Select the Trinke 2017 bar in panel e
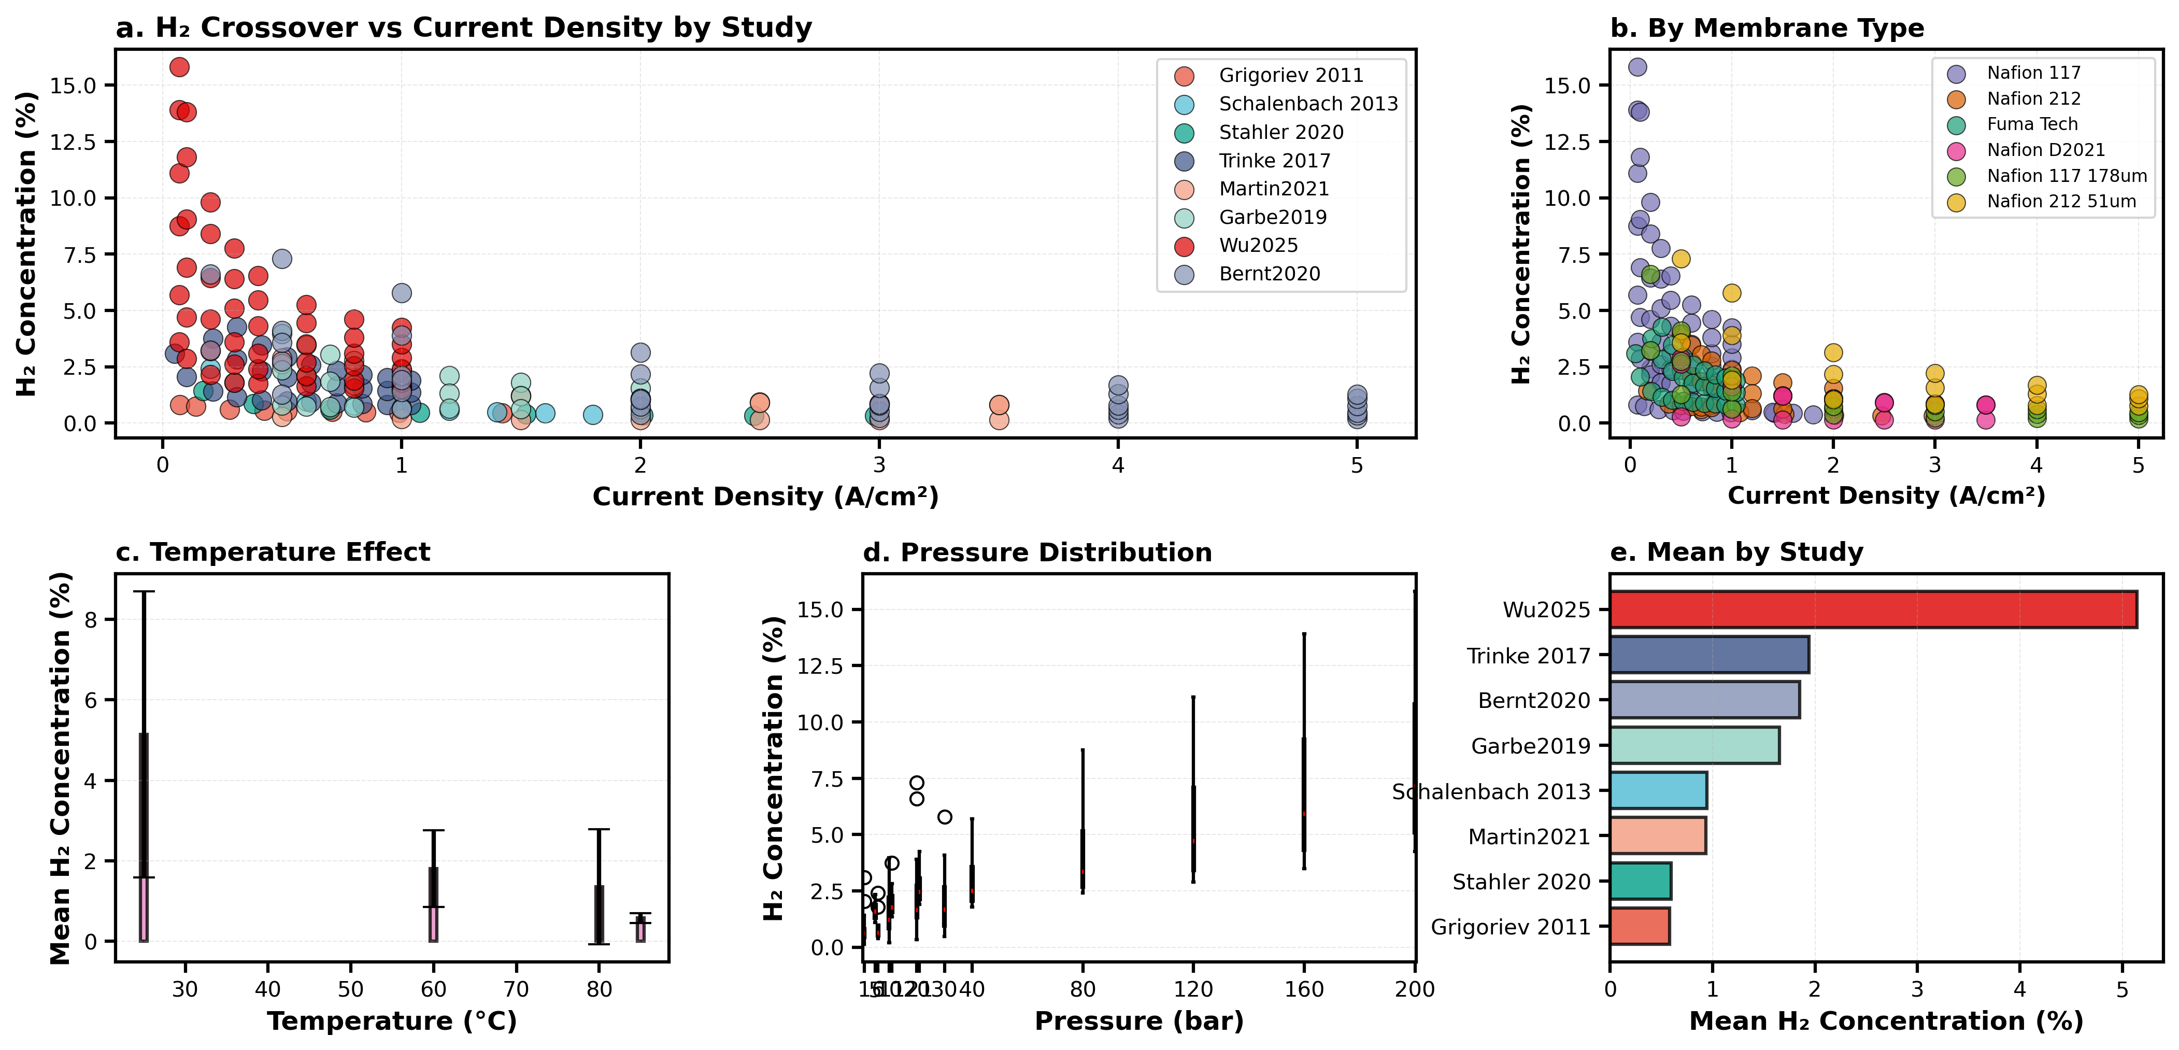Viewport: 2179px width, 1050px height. click(x=1708, y=655)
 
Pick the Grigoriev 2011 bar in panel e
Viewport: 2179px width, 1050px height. click(x=1640, y=927)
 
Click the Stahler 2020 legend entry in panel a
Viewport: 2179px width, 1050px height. click(x=1280, y=133)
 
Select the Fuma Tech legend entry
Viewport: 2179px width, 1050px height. click(x=2032, y=124)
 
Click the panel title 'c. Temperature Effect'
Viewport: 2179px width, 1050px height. click(x=273, y=552)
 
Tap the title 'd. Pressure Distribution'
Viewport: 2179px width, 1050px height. click(x=1037, y=552)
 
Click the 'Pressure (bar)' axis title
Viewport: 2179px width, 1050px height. click(x=1138, y=1021)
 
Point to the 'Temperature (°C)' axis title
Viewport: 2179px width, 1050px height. click(x=392, y=1021)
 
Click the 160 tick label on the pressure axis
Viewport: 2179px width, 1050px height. click(x=1303, y=989)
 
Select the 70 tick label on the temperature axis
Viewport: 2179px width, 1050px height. click(x=516, y=989)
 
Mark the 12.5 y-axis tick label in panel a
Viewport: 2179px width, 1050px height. click(x=73, y=142)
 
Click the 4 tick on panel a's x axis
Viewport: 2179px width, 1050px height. click(x=1117, y=464)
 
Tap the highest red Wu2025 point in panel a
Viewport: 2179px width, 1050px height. click(x=179, y=67)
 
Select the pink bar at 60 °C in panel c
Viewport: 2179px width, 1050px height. click(x=433, y=924)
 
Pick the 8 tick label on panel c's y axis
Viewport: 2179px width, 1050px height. click(x=91, y=619)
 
